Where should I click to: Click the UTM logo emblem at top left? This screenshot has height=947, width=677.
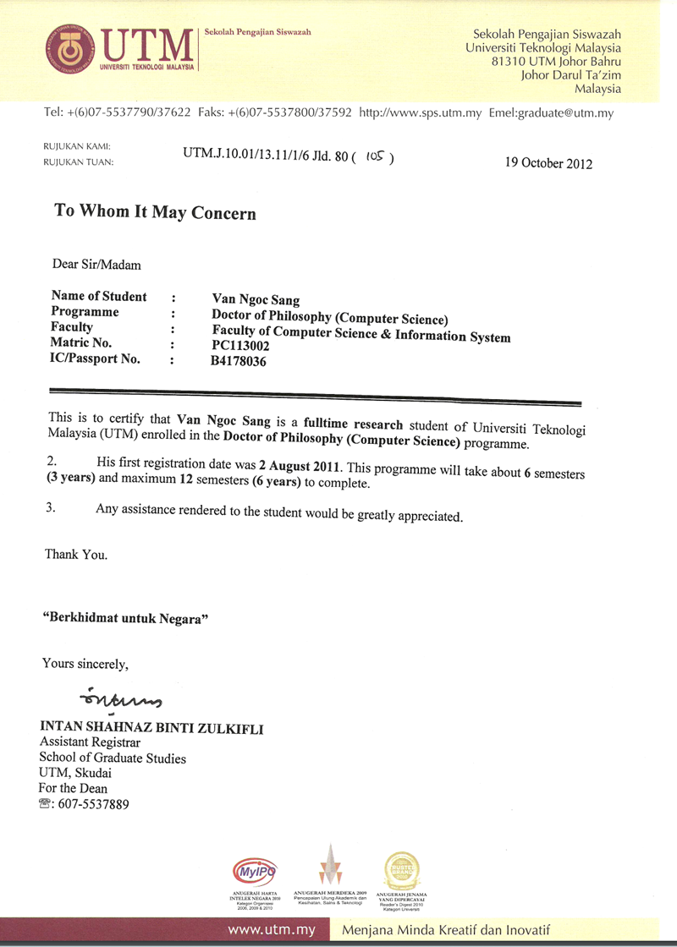tap(70, 49)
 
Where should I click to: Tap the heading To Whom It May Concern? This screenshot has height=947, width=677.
tap(155, 211)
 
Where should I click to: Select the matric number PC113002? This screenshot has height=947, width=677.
tap(246, 346)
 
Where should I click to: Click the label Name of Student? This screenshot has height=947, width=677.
tap(99, 297)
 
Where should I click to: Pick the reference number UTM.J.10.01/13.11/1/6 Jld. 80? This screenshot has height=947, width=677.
tap(267, 156)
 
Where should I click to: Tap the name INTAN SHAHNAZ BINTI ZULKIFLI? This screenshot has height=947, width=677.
tap(151, 728)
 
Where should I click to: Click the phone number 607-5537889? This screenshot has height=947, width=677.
tap(92, 804)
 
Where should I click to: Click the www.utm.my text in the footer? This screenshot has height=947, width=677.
tap(272, 930)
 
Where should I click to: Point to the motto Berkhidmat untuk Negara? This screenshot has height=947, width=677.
tap(126, 618)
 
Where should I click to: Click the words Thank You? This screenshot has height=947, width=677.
tap(76, 556)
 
